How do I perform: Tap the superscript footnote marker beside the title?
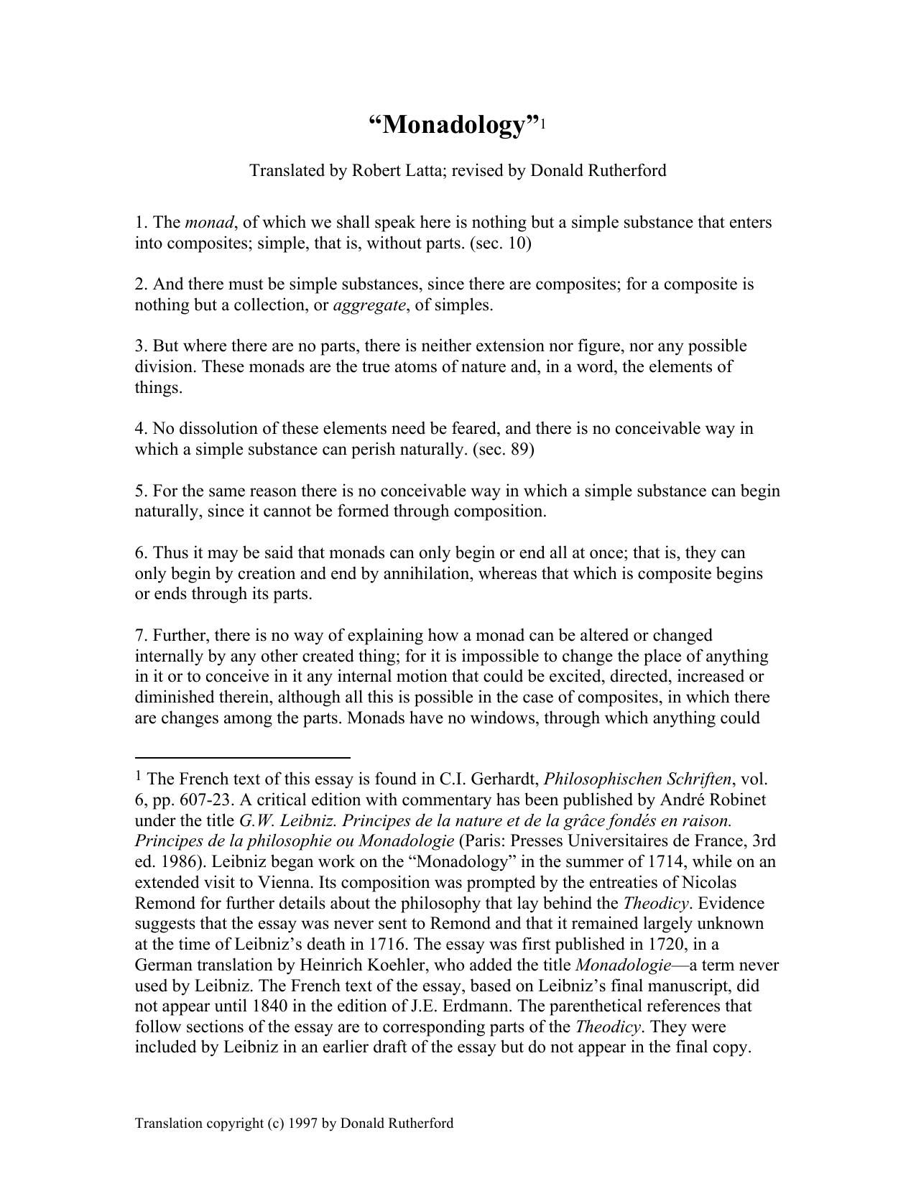[544, 124]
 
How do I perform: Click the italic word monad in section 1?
[214, 223]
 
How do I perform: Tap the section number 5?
[139, 491]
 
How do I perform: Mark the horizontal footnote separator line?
[242, 757]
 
